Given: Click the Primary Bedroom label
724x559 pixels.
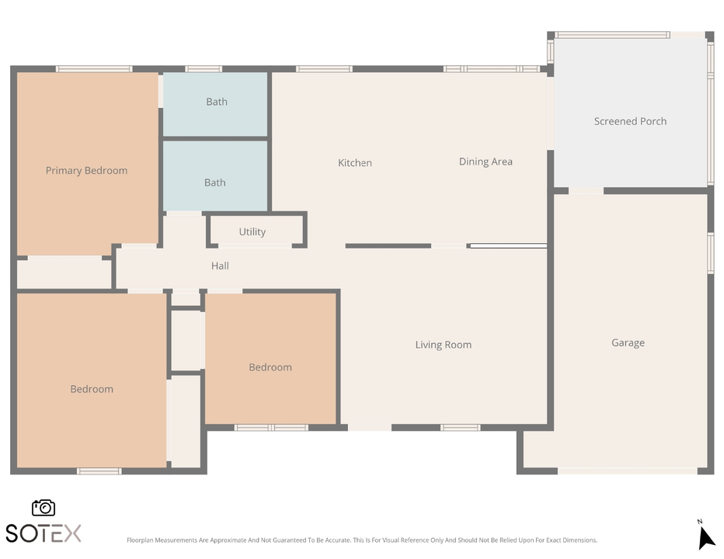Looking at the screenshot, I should tap(86, 171).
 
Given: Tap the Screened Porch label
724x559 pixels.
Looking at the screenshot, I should tap(630, 121).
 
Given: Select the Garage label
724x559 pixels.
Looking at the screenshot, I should tap(628, 343).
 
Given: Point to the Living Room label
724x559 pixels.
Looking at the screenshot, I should tap(443, 345).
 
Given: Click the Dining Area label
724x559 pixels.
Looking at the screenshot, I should tap(486, 161).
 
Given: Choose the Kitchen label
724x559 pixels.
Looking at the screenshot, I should tap(355, 163).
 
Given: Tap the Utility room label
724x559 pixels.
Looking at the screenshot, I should tap(252, 232).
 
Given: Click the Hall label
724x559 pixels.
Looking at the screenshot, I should tap(220, 266).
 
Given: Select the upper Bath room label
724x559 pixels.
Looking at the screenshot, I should tap(217, 102).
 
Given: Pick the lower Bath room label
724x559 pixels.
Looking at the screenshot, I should tap(215, 182).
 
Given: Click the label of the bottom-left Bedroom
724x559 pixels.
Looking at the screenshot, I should tap(92, 389).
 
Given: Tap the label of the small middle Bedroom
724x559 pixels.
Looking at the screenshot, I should tap(270, 367).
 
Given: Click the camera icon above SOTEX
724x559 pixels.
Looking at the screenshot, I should tap(44, 508).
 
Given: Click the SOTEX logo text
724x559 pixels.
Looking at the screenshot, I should tap(44, 533).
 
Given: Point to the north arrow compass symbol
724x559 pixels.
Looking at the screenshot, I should tap(705, 536).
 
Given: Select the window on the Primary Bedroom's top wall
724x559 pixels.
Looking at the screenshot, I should tap(94, 69).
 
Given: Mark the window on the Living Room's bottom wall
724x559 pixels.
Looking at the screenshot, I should tap(460, 427).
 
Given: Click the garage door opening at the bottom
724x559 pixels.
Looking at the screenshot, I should tap(627, 470).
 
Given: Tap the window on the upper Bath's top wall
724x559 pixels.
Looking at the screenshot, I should tap(204, 69).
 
